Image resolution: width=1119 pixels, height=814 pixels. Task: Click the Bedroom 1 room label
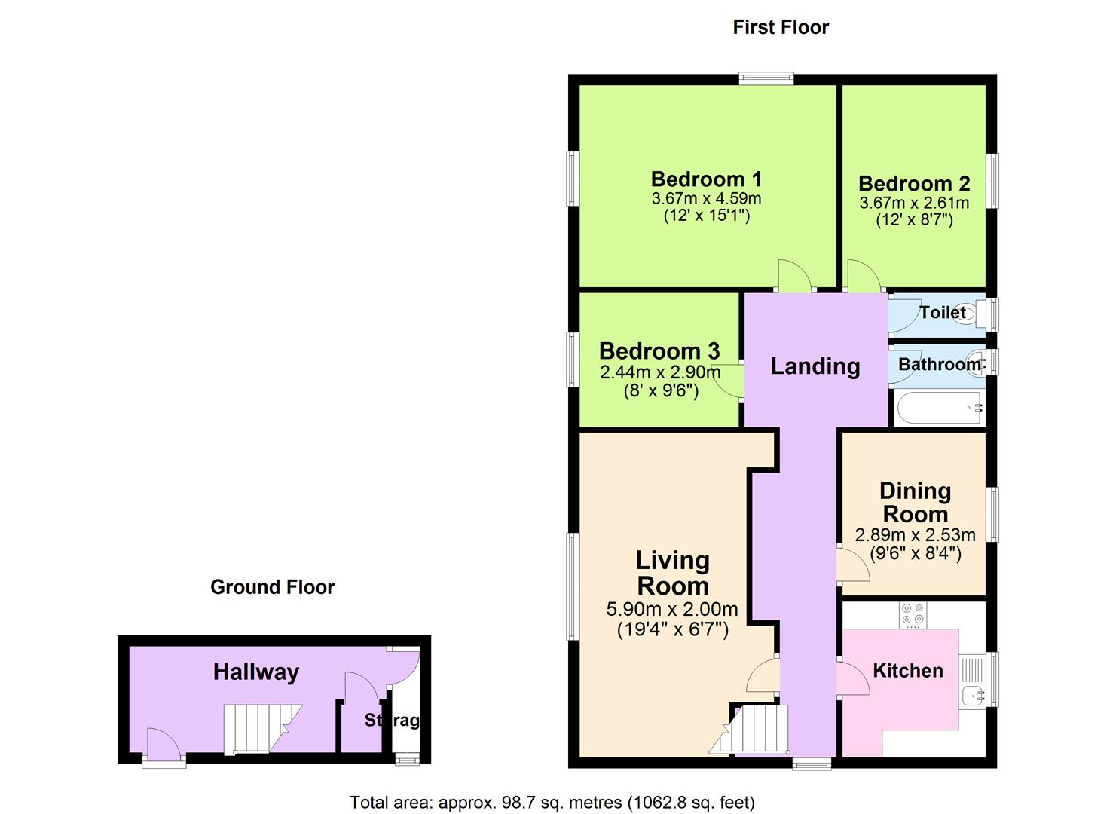[706, 179]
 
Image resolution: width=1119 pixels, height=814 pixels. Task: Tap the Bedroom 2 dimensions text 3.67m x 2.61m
[914, 203]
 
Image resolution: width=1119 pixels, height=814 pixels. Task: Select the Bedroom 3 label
[659, 351]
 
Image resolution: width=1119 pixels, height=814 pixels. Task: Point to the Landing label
[815, 366]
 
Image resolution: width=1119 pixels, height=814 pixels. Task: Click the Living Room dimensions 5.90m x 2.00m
[672, 610]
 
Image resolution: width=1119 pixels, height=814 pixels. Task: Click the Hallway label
[256, 672]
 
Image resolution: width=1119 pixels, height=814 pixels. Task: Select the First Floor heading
[781, 27]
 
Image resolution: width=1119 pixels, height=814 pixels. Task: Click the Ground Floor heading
[272, 587]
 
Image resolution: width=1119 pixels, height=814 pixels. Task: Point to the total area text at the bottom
[552, 802]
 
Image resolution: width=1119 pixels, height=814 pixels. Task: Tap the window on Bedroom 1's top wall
[766, 78]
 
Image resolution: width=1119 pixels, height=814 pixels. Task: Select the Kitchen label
[907, 671]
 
